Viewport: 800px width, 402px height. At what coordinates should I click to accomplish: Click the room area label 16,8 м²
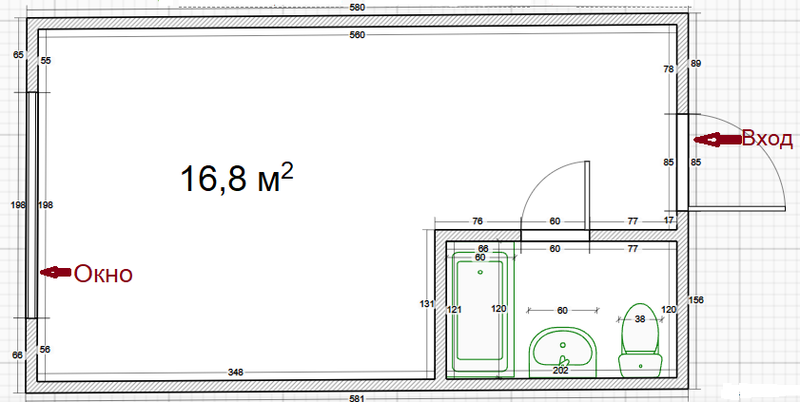tap(237, 179)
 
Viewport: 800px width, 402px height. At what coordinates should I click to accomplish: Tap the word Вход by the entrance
tap(767, 139)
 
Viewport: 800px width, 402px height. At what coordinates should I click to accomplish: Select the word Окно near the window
tap(104, 274)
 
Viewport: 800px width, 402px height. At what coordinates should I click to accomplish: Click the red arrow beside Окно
tap(55, 273)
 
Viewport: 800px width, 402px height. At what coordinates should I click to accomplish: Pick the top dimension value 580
tap(357, 9)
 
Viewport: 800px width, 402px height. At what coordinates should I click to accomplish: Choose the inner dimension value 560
tap(357, 34)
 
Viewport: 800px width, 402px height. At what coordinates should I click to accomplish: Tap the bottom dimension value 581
tap(357, 398)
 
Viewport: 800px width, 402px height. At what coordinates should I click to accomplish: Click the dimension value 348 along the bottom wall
tap(235, 373)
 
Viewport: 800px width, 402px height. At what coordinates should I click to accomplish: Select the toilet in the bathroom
tap(640, 340)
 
